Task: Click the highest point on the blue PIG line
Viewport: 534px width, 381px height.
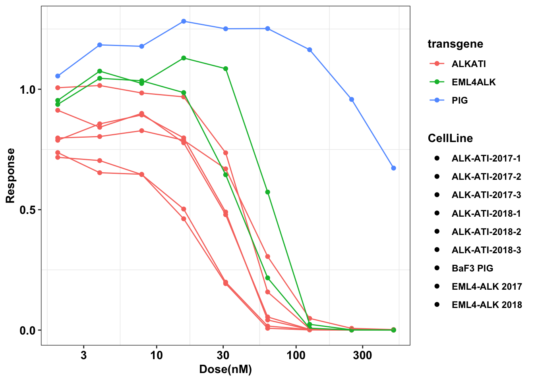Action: click(x=184, y=21)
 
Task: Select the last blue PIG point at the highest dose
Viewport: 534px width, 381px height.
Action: click(x=393, y=168)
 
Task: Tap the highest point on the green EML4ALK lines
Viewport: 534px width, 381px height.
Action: click(x=184, y=58)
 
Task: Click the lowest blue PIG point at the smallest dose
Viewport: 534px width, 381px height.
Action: click(x=58, y=76)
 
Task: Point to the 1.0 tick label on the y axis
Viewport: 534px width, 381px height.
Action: click(x=28, y=89)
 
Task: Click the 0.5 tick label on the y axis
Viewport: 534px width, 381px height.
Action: click(x=28, y=210)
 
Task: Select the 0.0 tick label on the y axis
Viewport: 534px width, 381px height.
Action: click(x=28, y=331)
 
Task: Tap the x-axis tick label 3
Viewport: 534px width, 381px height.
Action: click(x=83, y=355)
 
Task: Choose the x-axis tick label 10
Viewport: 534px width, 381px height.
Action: click(x=157, y=355)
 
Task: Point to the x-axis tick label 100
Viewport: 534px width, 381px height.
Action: click(x=296, y=355)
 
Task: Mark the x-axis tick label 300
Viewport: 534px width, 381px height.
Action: click(x=362, y=355)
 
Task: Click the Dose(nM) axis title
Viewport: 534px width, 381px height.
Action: click(x=225, y=370)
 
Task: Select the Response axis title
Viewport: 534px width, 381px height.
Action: click(x=10, y=175)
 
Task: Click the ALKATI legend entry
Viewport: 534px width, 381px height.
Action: click(x=468, y=64)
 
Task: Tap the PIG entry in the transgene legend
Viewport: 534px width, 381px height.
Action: click(x=460, y=100)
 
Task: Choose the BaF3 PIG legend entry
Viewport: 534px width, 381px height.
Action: click(x=472, y=268)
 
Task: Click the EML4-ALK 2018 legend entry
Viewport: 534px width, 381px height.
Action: click(x=486, y=305)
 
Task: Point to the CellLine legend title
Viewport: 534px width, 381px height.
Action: click(x=450, y=138)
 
